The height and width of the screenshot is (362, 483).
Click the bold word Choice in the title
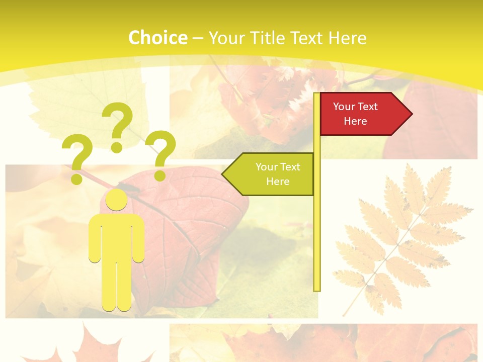click(x=157, y=38)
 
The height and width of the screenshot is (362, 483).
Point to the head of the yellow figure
click(x=116, y=200)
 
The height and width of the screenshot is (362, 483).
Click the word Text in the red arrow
click(x=368, y=107)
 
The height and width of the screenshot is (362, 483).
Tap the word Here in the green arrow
click(x=278, y=182)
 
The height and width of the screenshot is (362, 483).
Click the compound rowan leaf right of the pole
click(x=397, y=236)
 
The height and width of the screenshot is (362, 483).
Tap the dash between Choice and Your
click(x=198, y=39)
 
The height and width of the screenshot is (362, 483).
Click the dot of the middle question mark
click(x=117, y=147)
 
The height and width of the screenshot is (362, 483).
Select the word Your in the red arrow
click(x=344, y=107)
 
